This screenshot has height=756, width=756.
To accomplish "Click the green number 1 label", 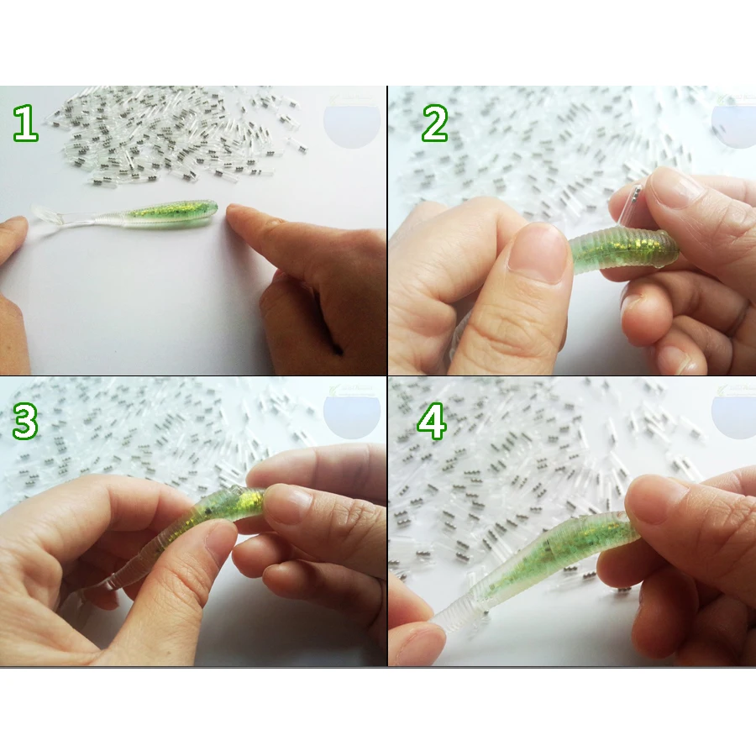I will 25,123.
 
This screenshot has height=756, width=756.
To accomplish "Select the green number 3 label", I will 25,423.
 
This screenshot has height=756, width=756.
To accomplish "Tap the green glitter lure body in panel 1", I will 168,213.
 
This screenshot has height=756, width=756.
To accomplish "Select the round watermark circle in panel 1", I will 351,122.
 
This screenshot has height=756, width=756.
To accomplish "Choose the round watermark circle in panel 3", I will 351,412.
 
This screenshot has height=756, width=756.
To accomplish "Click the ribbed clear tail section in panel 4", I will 458,613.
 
